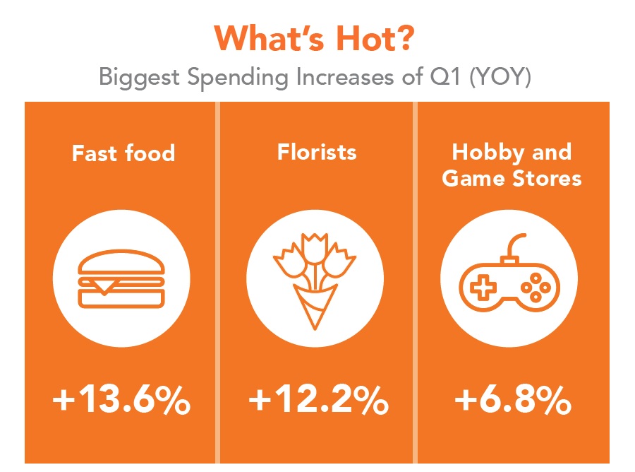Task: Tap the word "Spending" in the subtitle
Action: tap(238, 78)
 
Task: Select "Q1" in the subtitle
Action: tap(445, 76)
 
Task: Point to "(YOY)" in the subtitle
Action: tap(500, 76)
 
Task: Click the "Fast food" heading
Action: tap(123, 153)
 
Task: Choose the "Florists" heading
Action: tap(317, 152)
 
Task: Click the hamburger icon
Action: tap(121, 278)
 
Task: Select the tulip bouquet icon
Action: tap(315, 281)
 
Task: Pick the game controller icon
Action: tap(509, 273)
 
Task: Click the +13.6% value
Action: tap(121, 400)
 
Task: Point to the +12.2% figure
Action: tap(318, 400)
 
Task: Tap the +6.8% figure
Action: tap(513, 400)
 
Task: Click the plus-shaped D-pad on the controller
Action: tap(483, 288)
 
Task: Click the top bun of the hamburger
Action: tap(121, 261)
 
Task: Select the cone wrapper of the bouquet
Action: tap(315, 307)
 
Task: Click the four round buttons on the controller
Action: tap(536, 288)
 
